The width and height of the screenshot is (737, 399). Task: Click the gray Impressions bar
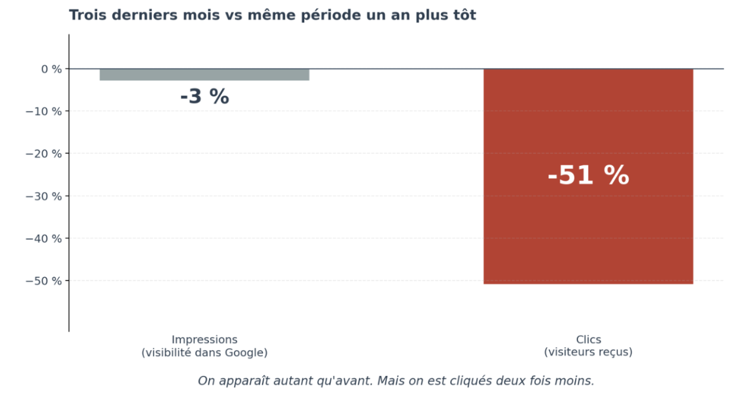204,75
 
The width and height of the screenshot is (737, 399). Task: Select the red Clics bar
588,177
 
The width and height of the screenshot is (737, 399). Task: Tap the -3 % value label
205,97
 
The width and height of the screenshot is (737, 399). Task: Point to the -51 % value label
588,175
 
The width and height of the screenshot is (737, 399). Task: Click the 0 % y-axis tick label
51,69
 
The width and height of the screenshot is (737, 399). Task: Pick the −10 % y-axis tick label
44,111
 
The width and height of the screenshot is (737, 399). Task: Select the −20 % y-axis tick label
44,154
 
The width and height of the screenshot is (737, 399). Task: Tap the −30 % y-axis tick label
44,197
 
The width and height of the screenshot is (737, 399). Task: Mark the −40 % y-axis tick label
44,238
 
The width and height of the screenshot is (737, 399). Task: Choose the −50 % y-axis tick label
44,281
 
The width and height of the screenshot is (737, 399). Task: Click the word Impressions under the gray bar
204,340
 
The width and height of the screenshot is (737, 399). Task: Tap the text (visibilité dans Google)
204,353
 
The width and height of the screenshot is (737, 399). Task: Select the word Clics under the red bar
588,340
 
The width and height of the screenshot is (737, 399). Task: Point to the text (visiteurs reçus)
588,352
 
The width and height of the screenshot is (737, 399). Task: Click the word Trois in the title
88,15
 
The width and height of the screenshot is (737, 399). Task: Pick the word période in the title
331,15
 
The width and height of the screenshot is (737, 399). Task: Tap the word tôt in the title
462,15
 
